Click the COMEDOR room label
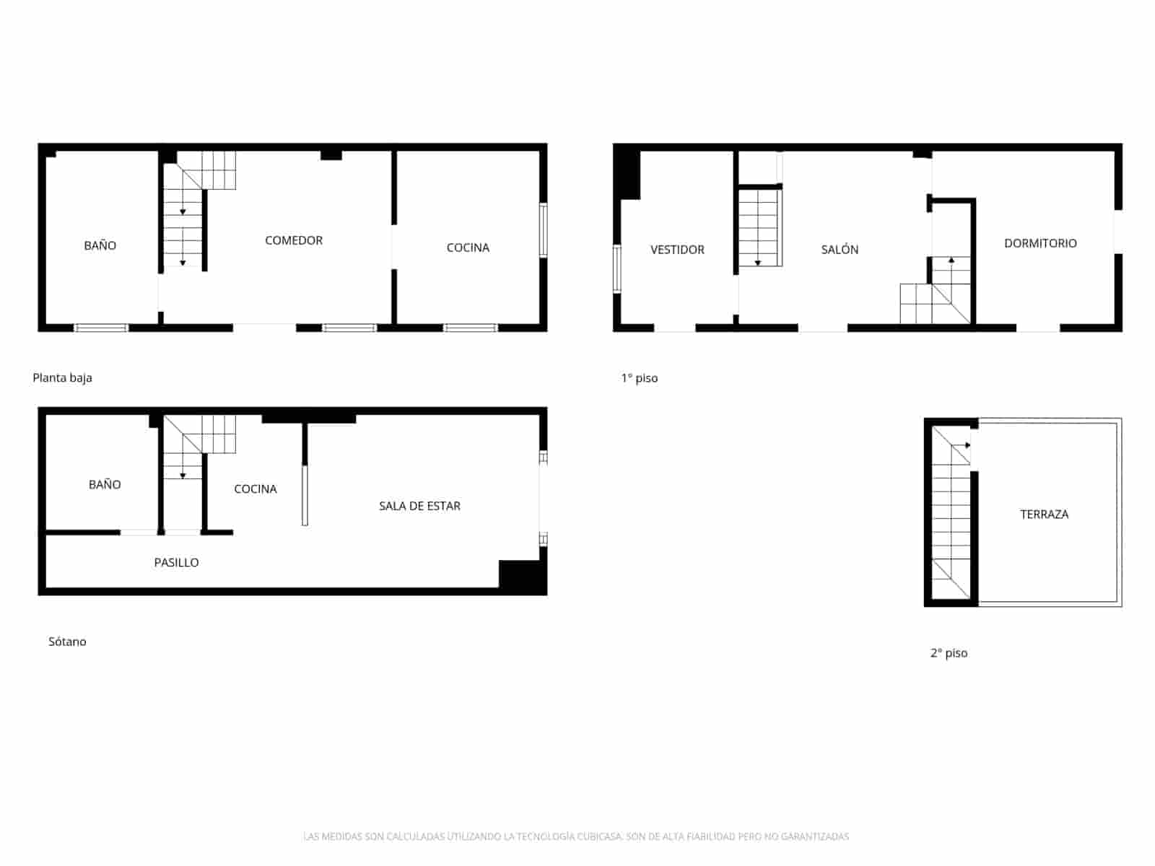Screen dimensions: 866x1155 [293, 240]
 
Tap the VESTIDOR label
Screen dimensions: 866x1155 [677, 250]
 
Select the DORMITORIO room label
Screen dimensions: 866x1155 [1040, 243]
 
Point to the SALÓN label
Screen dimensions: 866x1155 [840, 250]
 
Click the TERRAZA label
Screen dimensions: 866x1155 [1044, 515]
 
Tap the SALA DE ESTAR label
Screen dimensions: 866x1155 [419, 506]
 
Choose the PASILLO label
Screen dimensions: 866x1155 [176, 562]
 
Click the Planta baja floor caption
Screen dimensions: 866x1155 [62, 377]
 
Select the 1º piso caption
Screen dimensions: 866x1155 [639, 378]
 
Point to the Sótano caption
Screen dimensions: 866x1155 [67, 642]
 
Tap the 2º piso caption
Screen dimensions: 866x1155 [949, 653]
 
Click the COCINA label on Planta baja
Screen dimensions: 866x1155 [468, 248]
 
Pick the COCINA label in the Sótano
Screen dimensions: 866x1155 [255, 489]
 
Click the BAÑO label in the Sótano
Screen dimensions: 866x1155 [105, 484]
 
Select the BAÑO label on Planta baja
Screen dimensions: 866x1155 [100, 245]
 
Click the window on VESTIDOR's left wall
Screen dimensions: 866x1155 [616, 268]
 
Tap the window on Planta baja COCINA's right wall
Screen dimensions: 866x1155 [544, 230]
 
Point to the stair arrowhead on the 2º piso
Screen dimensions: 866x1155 [967, 445]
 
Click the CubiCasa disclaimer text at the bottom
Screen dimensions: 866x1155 [576, 836]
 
